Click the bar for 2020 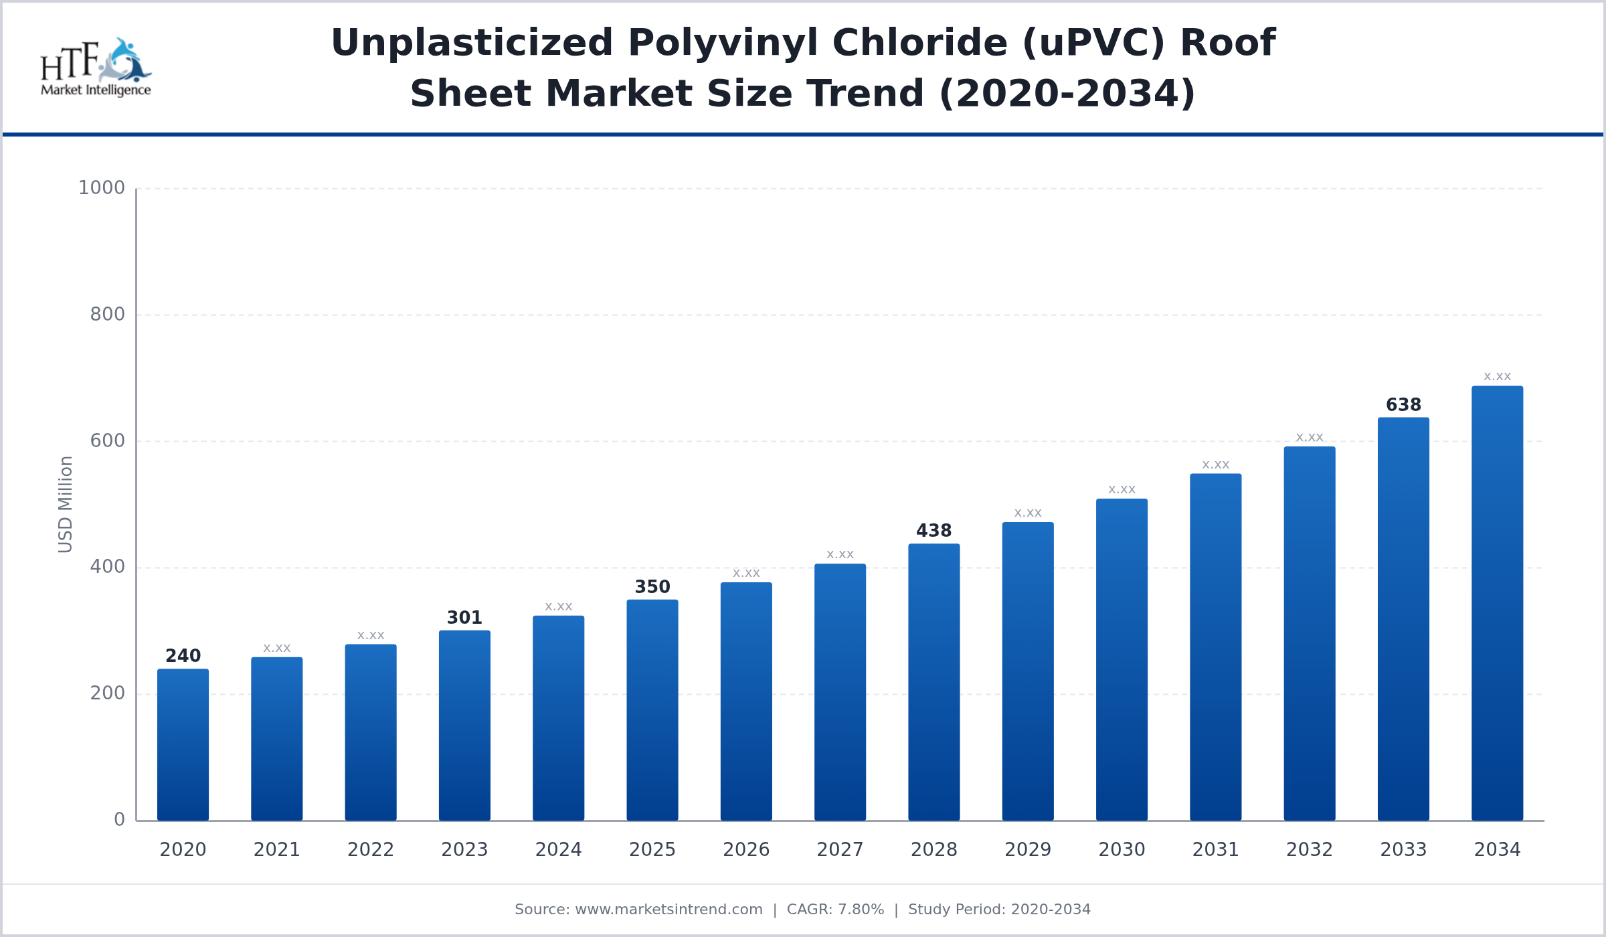[183, 744]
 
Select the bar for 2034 [1497, 603]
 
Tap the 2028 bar [933, 682]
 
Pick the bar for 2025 [652, 710]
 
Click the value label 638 [1403, 405]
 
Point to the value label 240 [183, 656]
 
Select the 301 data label [464, 618]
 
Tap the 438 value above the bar [933, 531]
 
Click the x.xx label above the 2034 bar [1497, 376]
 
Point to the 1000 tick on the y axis [102, 188]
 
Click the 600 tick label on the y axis [107, 441]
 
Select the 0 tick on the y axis [119, 820]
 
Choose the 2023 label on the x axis [464, 850]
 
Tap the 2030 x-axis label [1122, 850]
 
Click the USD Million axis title [66, 504]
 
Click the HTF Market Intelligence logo [96, 68]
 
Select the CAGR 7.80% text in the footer [835, 910]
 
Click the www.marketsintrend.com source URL [668, 910]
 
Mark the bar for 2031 [1215, 647]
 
